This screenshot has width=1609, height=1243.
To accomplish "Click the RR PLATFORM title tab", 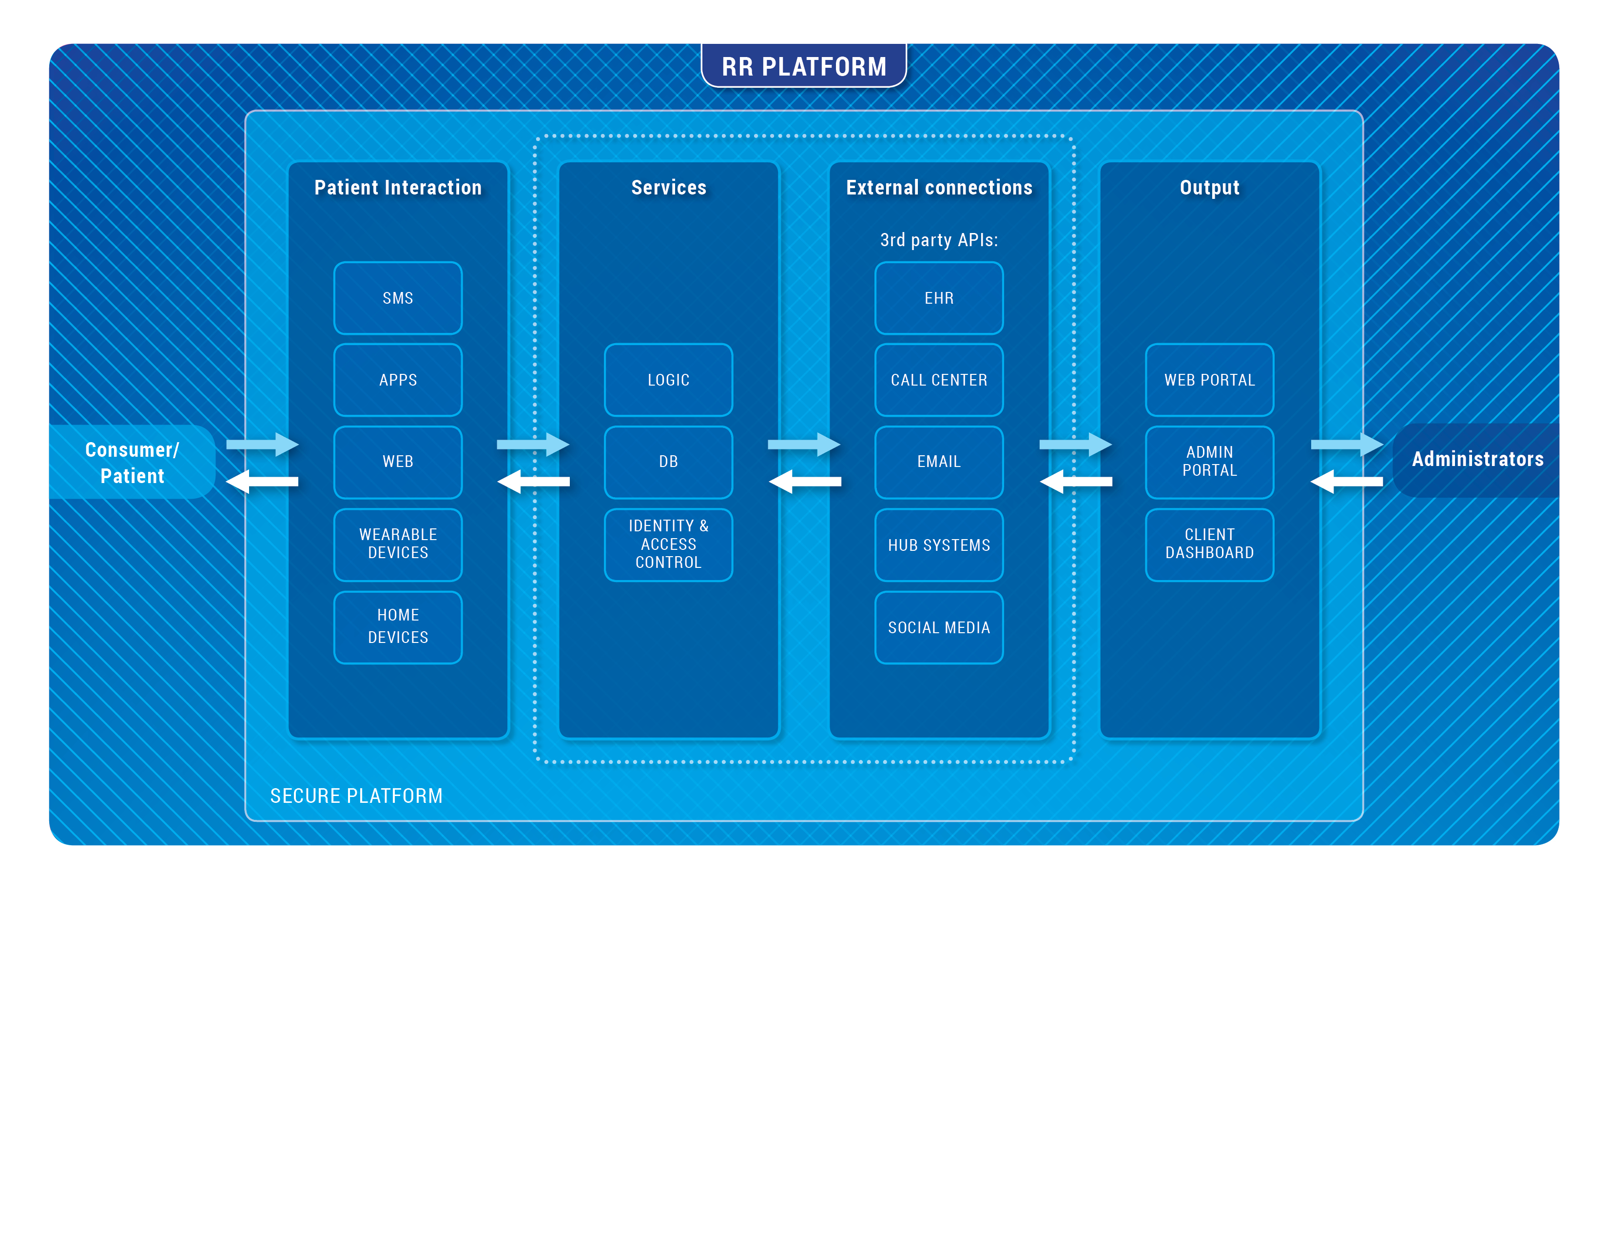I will pos(804,66).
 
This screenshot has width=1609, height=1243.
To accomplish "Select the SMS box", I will pos(398,298).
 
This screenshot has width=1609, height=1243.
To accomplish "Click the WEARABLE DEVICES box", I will pos(398,544).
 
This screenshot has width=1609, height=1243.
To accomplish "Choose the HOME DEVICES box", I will pos(398,626).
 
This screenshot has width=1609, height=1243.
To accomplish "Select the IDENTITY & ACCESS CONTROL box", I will pos(668,544).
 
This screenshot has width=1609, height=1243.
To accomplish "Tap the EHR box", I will pos(939,298).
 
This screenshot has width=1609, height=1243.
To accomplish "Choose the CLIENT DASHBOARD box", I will pos(1209,544).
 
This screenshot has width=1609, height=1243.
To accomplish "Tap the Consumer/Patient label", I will pos(132,462).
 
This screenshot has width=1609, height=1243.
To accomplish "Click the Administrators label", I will pos(1477,459).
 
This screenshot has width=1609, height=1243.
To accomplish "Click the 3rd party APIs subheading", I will pos(939,240).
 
